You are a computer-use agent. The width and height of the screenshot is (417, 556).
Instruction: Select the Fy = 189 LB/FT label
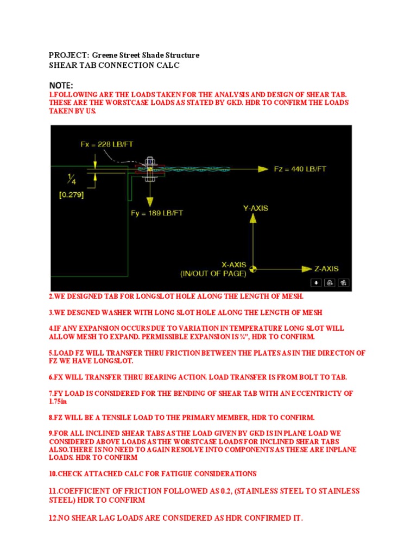(157, 213)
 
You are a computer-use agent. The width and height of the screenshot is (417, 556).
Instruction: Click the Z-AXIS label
(326, 268)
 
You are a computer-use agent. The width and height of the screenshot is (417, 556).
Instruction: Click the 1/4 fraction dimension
(72, 178)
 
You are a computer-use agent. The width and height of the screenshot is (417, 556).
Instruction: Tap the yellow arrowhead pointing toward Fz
(263, 169)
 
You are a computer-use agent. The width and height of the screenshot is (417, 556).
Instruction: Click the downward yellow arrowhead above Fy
(149, 201)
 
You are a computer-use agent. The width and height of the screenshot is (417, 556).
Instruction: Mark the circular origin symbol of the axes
(252, 268)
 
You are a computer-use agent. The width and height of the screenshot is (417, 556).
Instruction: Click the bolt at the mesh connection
(149, 169)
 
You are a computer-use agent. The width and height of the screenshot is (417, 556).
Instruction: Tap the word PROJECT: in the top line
(68, 55)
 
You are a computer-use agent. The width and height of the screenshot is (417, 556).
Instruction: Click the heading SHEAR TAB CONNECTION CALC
(114, 65)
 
